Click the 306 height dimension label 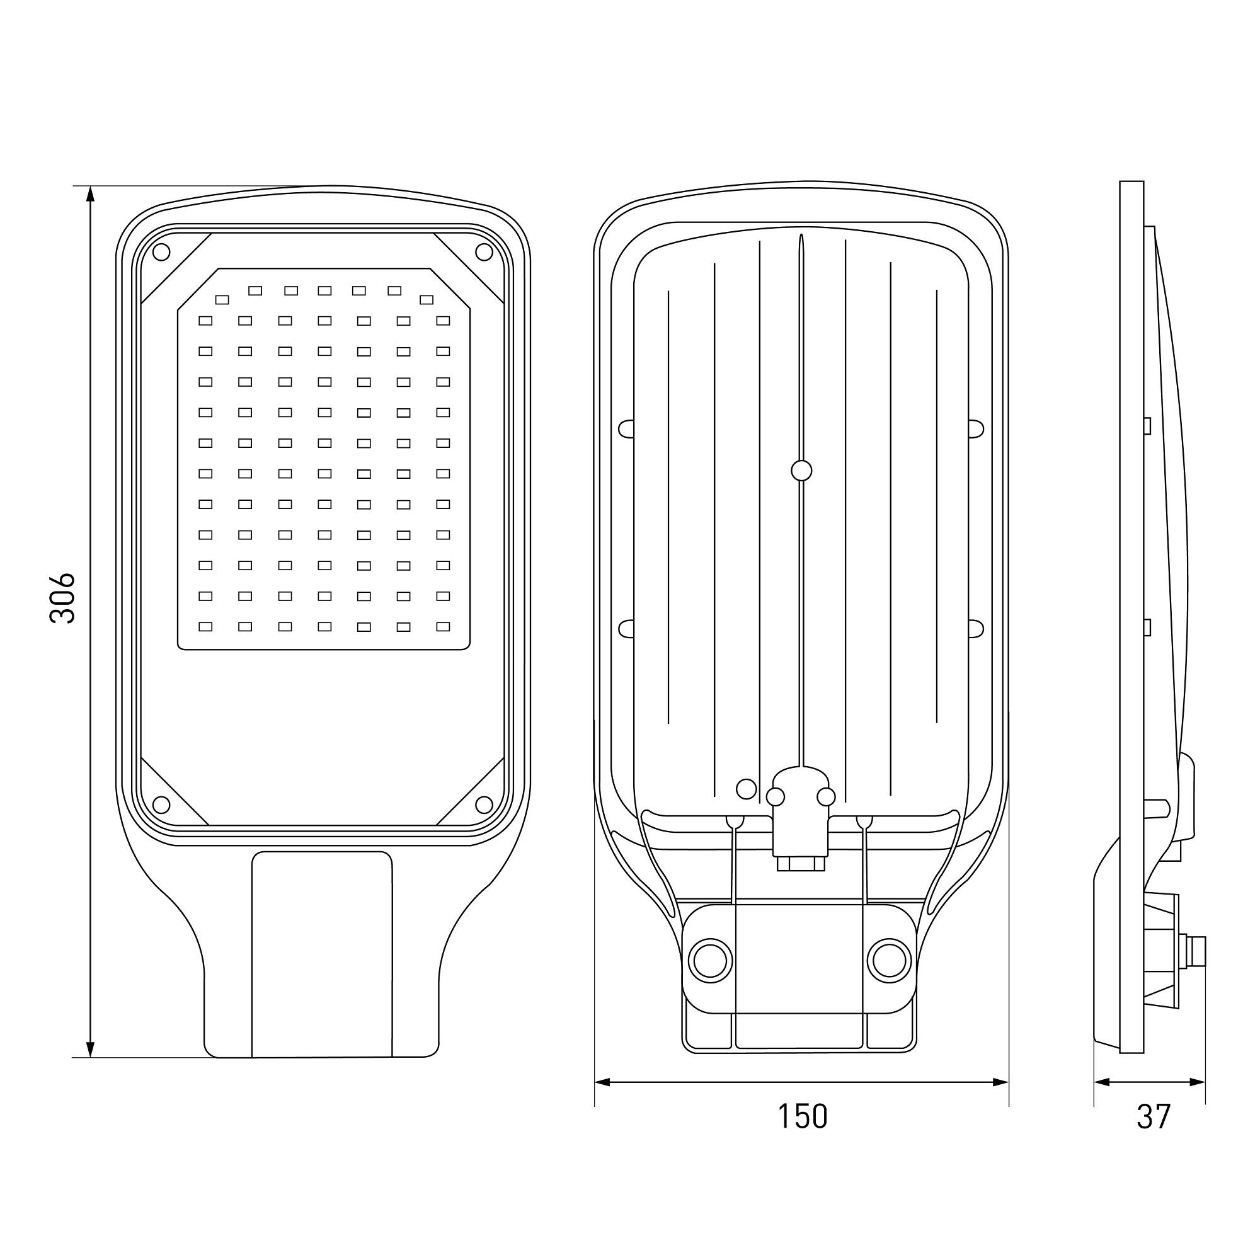tap(62, 598)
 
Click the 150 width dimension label tap(802, 1116)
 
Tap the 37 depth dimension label tap(1154, 1116)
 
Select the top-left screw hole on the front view tap(161, 252)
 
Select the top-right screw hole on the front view tap(484, 252)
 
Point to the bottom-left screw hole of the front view tap(161, 805)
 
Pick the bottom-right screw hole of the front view tap(484, 805)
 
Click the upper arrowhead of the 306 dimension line tap(91, 194)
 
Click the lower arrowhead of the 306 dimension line tap(91, 1049)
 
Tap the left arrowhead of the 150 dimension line tap(603, 1082)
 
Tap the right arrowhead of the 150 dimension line tap(1000, 1082)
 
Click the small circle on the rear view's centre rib tap(801, 470)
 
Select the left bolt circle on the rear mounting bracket tap(711, 961)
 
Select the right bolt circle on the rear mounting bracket tap(890, 961)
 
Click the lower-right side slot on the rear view tap(976, 629)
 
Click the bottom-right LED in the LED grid tap(444, 627)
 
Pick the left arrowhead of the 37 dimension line tap(1102, 1082)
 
